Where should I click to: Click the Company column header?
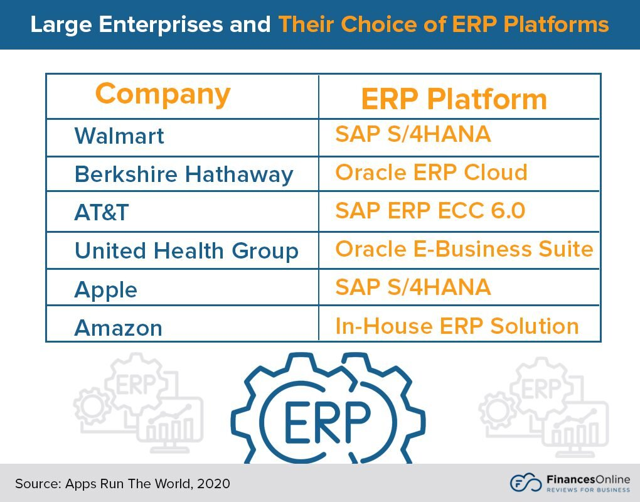point(163,95)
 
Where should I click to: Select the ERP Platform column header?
point(454,99)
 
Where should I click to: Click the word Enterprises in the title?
point(161,24)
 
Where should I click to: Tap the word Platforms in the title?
point(556,24)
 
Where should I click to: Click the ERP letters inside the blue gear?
point(328,422)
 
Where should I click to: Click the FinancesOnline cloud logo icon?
point(526,483)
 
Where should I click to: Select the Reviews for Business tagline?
point(588,489)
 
